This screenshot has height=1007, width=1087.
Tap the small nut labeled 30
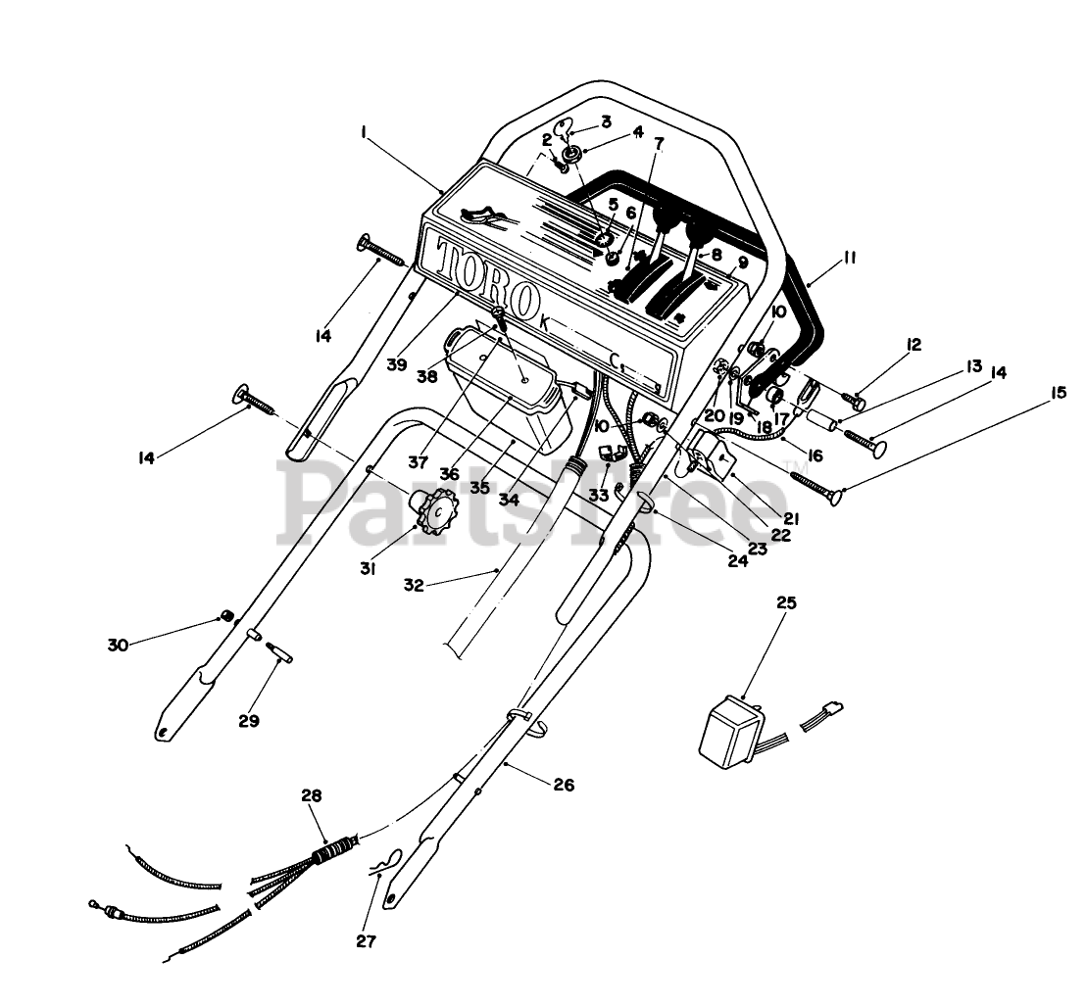(226, 616)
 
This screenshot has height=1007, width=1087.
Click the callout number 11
(848, 259)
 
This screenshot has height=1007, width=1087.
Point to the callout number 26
(563, 785)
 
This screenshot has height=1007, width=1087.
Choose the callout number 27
(365, 942)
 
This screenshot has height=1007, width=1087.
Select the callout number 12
(914, 345)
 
